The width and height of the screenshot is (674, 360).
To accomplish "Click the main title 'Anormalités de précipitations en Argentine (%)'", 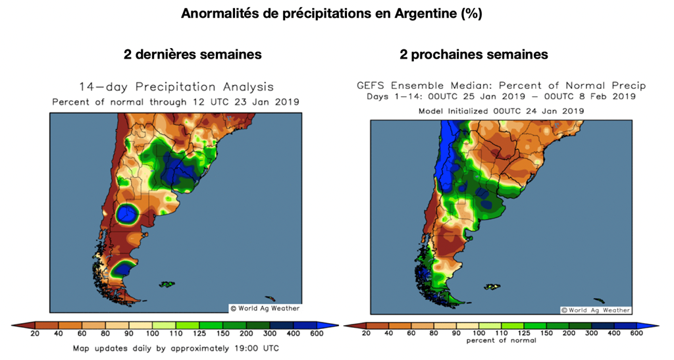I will click(x=332, y=14).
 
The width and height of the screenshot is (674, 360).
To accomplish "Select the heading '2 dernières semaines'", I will click(x=192, y=55).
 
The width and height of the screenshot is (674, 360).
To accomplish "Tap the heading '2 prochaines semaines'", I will click(x=474, y=55).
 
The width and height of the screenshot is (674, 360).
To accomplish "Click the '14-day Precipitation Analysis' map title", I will click(x=176, y=87).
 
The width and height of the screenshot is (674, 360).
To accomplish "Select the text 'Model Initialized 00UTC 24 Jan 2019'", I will click(x=501, y=111).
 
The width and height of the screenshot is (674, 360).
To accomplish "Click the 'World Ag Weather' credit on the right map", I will click(x=595, y=309).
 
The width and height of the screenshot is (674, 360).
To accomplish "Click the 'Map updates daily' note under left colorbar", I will click(x=176, y=347).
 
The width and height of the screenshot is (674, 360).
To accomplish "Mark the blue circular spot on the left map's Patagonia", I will click(x=126, y=213).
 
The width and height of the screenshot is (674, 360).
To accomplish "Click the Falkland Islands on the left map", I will click(x=167, y=284).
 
